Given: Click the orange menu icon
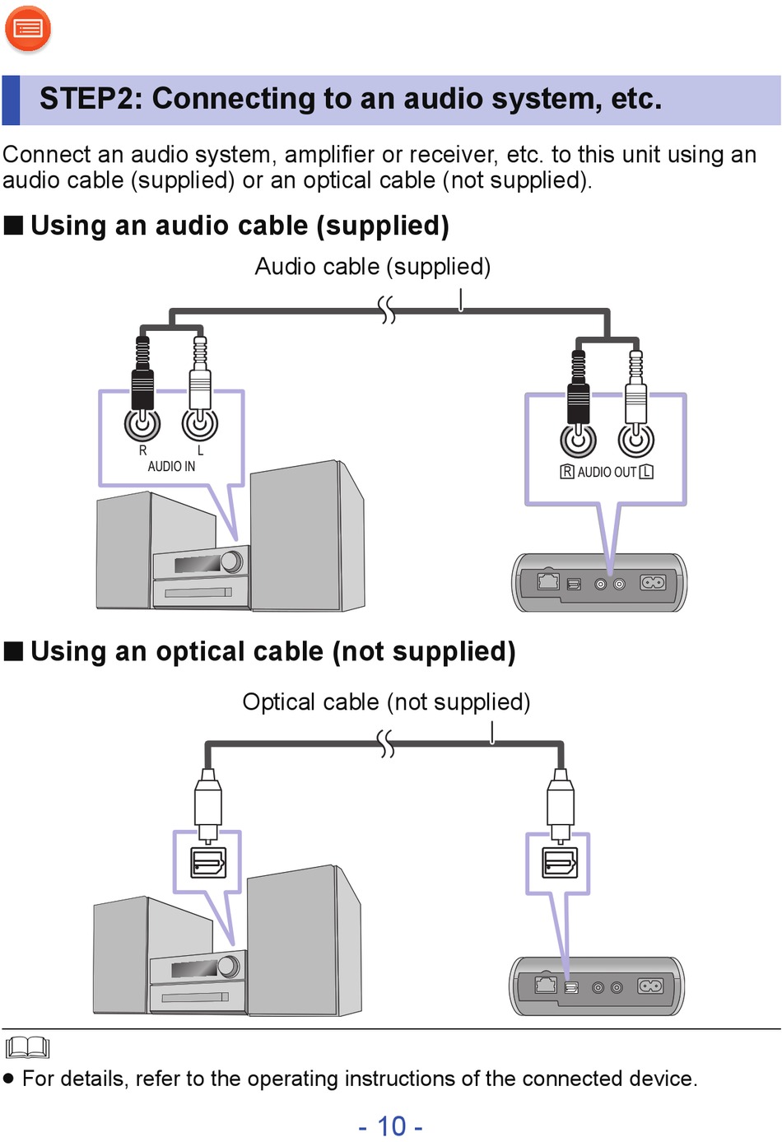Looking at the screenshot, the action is click(x=28, y=29).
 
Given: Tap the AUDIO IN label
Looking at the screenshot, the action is click(x=171, y=467).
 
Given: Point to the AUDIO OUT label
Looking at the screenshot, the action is click(x=607, y=472).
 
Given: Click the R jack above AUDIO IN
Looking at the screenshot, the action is click(x=142, y=423).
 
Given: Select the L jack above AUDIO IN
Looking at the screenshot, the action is click(x=200, y=423).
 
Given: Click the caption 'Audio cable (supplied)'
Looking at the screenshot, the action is click(x=373, y=267).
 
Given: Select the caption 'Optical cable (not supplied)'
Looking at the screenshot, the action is click(x=386, y=702).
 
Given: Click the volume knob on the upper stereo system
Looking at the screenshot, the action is click(x=231, y=561).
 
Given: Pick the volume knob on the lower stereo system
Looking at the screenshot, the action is click(x=228, y=966).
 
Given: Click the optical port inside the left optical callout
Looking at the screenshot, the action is click(x=208, y=863).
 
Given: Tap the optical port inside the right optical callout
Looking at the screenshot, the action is click(x=560, y=863).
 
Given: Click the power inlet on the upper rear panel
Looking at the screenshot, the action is click(x=653, y=582).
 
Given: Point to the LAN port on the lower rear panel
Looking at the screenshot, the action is click(x=546, y=985).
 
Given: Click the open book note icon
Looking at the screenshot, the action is click(x=27, y=1047).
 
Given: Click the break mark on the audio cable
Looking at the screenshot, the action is click(x=386, y=310).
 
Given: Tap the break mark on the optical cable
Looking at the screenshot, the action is click(x=385, y=743).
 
